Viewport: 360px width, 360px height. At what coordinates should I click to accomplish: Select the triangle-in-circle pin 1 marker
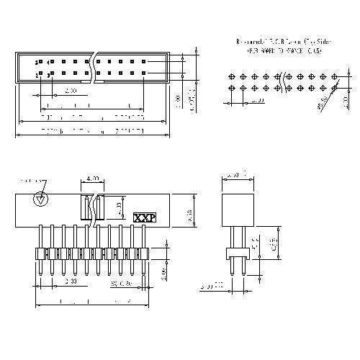pos(42,199)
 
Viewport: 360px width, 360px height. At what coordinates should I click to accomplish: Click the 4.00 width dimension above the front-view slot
pos(92,178)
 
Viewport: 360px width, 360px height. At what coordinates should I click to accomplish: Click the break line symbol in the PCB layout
pos(284,81)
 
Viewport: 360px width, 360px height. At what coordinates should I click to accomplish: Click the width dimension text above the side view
pos(234,175)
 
